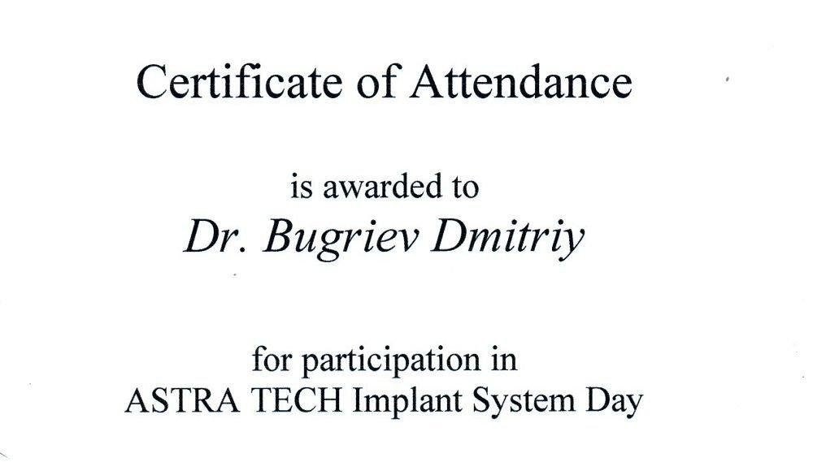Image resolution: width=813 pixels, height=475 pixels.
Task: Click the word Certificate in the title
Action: pos(239,81)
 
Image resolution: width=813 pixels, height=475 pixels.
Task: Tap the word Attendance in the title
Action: pos(521,81)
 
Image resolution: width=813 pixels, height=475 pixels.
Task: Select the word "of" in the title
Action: pos(376,81)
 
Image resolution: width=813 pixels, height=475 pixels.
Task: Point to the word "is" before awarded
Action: pos(302,187)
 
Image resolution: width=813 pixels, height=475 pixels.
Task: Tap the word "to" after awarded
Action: pos(464,188)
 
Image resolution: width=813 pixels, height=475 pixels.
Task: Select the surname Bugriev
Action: pos(340,240)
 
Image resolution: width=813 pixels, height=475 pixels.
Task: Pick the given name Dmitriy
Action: pos(507,240)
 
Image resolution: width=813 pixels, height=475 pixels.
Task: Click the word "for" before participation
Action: pos(272,359)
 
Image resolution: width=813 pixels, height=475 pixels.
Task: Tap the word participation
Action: pos(391,361)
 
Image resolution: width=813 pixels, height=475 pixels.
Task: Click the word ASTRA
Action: pos(182,401)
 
